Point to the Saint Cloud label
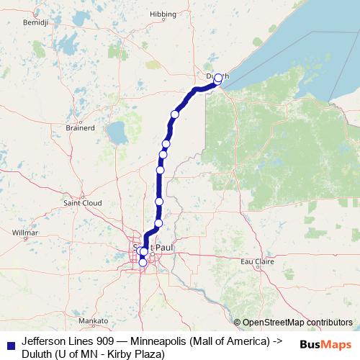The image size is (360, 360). click(x=81, y=203)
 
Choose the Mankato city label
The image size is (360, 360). click(x=94, y=320)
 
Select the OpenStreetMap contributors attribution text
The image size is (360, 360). click(x=297, y=323)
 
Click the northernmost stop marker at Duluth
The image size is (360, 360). click(x=219, y=76)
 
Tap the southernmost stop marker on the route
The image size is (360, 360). click(x=143, y=263)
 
